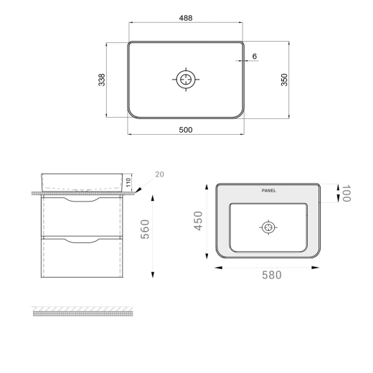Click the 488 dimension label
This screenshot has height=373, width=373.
(x=186, y=18)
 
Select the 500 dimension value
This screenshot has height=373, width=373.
(x=186, y=130)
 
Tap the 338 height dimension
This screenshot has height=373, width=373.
(x=102, y=80)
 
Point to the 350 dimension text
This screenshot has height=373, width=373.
(x=284, y=80)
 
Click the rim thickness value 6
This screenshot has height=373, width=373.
(x=255, y=56)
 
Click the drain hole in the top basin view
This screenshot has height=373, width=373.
(x=186, y=80)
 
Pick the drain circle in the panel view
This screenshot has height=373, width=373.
(x=268, y=227)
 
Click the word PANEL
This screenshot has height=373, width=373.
(x=268, y=191)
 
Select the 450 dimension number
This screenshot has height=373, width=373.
(x=199, y=221)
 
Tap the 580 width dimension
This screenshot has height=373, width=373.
(x=272, y=275)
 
